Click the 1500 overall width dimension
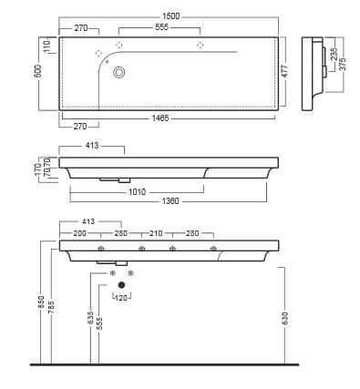click(x=170, y=16)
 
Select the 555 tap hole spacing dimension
click(x=161, y=27)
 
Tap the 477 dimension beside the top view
click(x=285, y=71)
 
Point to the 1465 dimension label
click(x=160, y=118)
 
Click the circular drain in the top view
click(x=119, y=73)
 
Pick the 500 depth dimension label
click(x=39, y=71)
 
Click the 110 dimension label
click(x=47, y=47)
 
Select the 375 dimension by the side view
click(x=343, y=64)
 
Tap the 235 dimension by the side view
click(x=334, y=55)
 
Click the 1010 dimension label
click(x=138, y=192)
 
